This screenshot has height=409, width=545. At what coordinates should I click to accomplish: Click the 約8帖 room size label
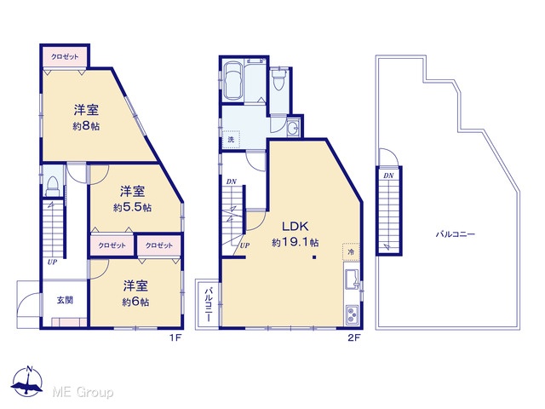point(86,126)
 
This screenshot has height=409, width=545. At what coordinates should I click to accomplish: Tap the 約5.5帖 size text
point(132,208)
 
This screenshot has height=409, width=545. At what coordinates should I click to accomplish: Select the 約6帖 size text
point(135,302)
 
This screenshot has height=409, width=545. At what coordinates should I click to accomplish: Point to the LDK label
point(295,227)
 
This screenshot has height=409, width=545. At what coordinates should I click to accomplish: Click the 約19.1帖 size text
point(295,242)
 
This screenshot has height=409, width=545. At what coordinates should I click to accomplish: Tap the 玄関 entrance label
point(65,300)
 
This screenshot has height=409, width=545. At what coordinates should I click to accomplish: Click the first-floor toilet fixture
point(53,187)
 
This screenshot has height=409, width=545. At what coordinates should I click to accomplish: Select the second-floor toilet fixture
point(279,79)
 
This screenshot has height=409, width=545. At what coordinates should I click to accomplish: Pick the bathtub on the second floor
point(233,81)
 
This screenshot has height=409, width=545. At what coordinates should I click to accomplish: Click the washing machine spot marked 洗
point(231,140)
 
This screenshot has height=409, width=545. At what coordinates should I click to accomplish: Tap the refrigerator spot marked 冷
point(351,251)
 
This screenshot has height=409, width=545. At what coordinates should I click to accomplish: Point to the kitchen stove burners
point(352,315)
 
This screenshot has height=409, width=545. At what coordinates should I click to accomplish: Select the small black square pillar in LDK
point(314,257)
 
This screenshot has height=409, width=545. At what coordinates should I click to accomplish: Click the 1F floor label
point(176,337)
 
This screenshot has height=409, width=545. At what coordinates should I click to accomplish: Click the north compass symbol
point(27,381)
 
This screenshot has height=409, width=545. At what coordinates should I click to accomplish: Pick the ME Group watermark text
point(83,392)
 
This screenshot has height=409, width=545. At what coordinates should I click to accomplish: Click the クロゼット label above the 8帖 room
point(65,56)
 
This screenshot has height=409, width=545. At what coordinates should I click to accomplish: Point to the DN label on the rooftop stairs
point(388,176)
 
